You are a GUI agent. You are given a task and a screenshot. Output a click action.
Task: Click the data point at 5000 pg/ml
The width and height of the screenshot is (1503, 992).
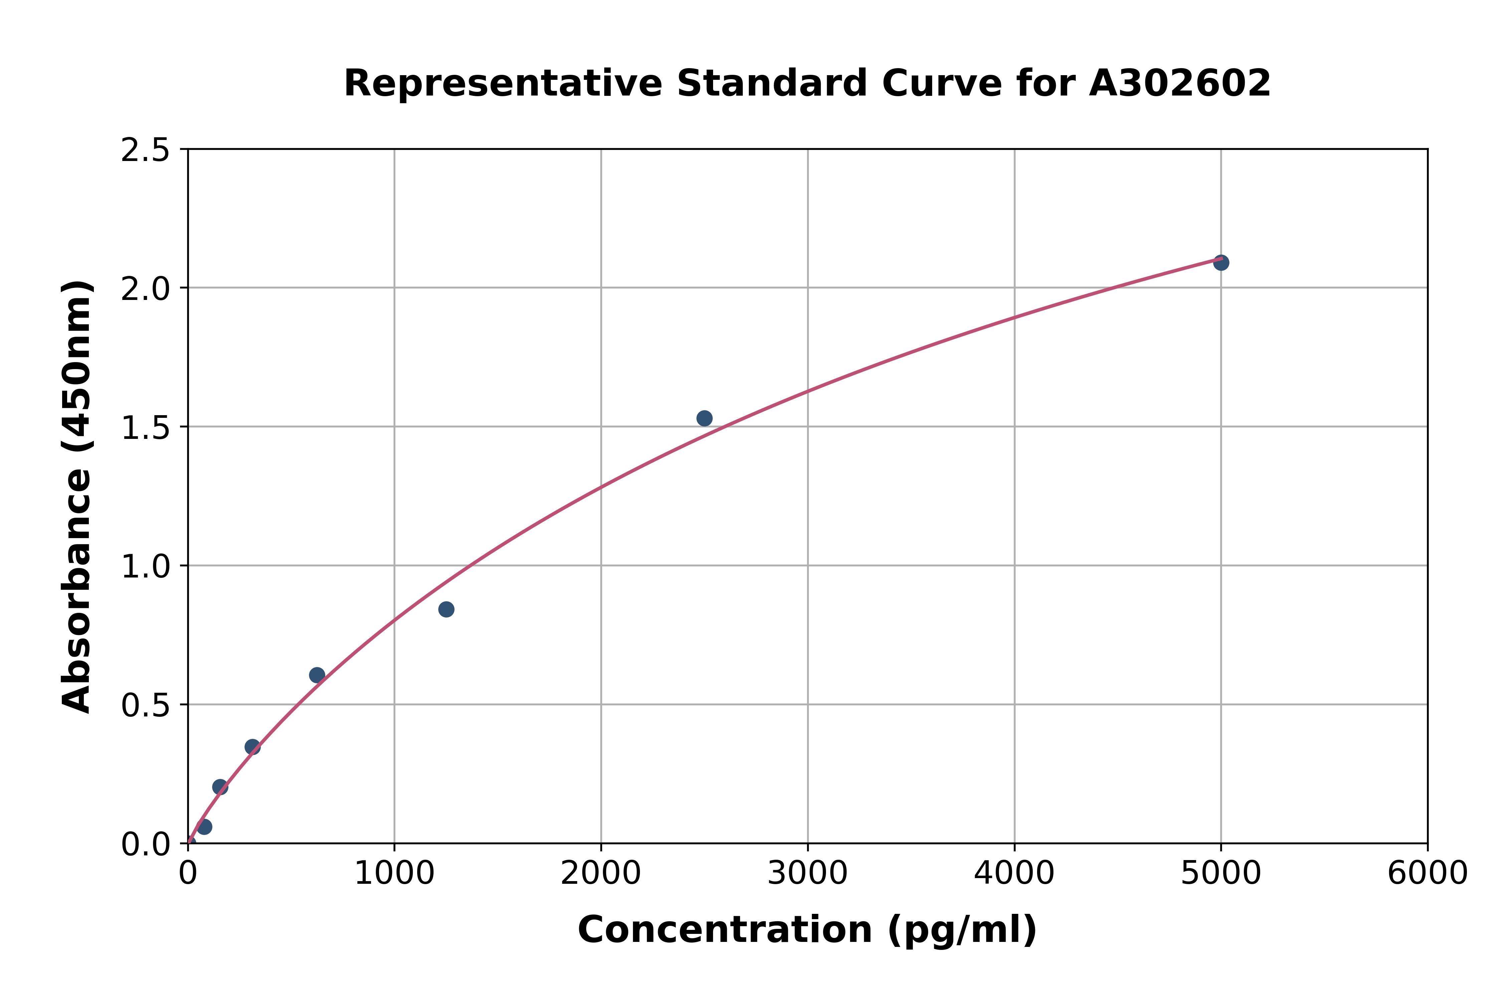(1221, 263)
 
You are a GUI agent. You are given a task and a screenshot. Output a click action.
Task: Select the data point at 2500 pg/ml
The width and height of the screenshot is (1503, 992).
(704, 418)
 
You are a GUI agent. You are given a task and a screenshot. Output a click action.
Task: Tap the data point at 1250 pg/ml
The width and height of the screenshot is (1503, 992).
(446, 609)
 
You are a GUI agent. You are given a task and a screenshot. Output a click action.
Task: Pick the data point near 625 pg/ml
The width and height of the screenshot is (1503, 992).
(317, 675)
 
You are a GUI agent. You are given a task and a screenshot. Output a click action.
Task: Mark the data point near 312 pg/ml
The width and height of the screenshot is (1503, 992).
(253, 747)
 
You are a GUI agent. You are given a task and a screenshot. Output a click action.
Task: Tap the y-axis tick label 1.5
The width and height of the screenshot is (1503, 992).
(146, 428)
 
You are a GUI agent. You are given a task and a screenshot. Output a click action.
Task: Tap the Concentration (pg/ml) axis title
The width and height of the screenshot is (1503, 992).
(807, 930)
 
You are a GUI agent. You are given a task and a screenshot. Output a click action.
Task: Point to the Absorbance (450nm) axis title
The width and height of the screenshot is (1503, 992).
(77, 497)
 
